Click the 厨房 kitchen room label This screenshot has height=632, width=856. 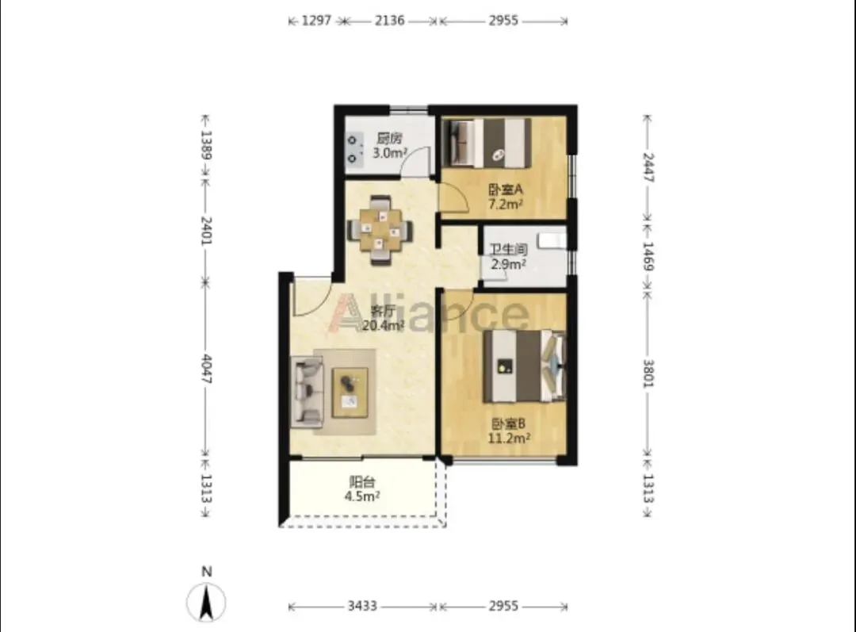coord(389,139)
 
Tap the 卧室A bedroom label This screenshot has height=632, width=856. coord(505,190)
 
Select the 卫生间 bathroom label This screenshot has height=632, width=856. coord(508,250)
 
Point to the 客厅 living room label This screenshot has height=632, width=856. coord(383,311)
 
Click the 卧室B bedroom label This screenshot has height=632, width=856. coord(508,423)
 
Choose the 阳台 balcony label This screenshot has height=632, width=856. coord(362,482)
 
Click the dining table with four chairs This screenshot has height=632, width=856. coord(380,230)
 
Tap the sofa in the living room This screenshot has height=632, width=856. coord(307,390)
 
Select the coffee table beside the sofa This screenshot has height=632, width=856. coord(350,393)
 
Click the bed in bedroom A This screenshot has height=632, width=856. coord(487,143)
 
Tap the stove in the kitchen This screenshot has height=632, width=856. coord(353,150)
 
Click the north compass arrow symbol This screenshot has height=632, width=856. coord(206,602)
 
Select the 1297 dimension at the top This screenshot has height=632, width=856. coord(316,21)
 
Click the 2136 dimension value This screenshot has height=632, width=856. coord(389,21)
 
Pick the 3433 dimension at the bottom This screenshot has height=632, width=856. coord(362,606)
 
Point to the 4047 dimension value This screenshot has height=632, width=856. coord(207,369)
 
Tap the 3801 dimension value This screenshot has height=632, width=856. coord(648,373)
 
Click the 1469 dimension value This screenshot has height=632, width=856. coord(648,255)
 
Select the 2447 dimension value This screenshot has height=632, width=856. coord(648,167)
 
